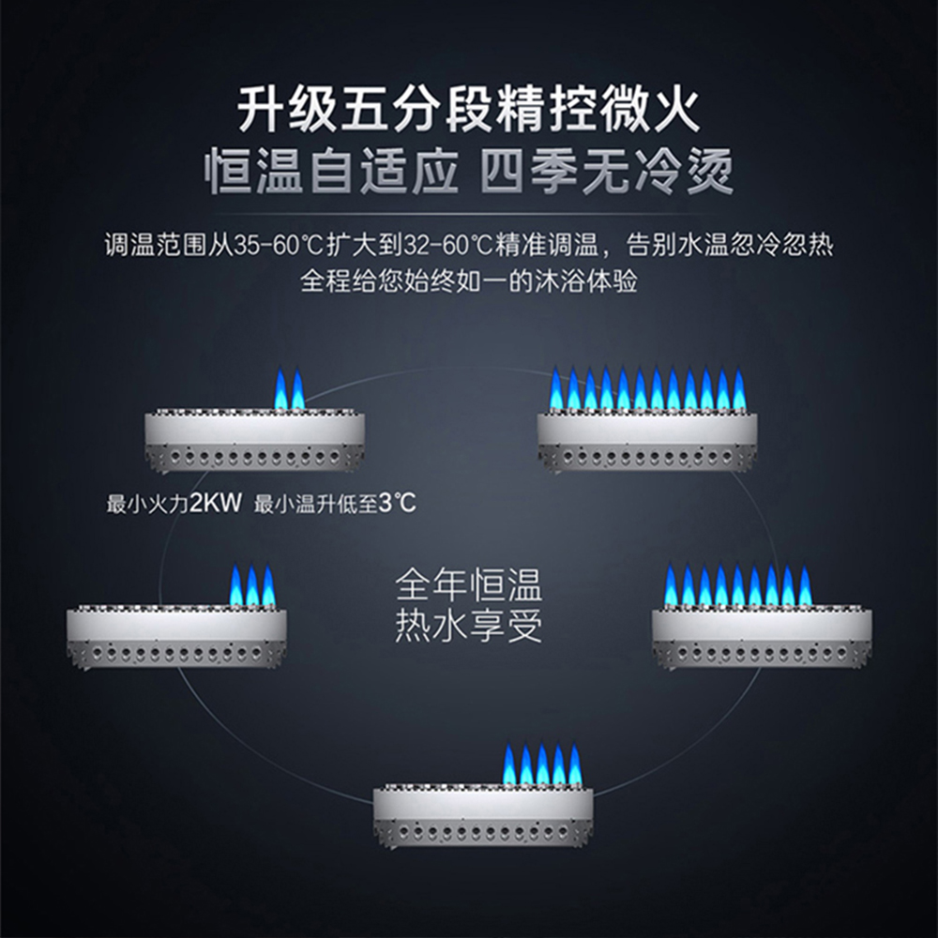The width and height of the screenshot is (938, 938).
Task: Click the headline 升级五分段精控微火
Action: [468, 110]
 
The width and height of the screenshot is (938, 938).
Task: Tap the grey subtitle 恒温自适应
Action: [330, 171]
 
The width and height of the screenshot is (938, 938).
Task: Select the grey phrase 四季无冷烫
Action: [606, 171]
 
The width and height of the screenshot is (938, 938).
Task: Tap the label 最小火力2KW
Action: [174, 504]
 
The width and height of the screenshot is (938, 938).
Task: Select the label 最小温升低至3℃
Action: [335, 504]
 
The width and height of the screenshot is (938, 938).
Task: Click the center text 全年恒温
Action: [468, 585]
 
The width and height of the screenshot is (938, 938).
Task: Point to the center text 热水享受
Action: [468, 626]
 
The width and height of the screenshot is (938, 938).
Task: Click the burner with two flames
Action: [255, 426]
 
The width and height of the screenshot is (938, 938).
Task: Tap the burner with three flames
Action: [176, 622]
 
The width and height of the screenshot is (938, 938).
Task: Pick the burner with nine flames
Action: [762, 622]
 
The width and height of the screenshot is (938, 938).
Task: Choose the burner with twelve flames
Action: [647, 426]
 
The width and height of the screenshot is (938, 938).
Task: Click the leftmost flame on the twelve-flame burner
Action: [556, 389]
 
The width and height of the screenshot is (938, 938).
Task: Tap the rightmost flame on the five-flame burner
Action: [575, 764]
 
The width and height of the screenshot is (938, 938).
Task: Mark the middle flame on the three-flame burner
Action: [251, 585]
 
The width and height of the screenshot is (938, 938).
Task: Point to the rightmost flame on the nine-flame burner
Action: [805, 585]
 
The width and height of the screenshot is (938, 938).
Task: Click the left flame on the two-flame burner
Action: [280, 389]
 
